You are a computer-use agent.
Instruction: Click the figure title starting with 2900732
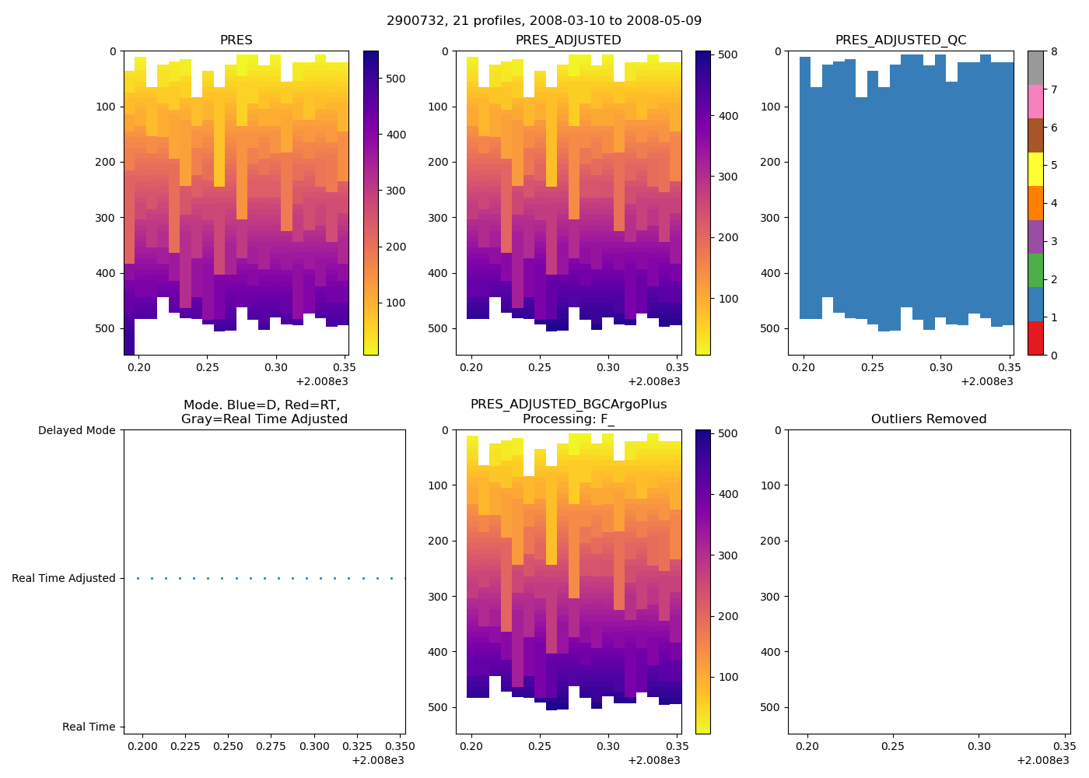pos(544,20)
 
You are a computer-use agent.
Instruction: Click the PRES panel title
pos(236,40)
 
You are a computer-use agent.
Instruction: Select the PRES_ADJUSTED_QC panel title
pos(901,40)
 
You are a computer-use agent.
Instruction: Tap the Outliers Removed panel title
pos(929,419)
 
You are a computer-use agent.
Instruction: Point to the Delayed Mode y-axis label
pos(76,430)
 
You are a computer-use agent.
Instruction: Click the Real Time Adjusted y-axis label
pos(64,578)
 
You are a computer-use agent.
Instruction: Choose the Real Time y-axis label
pos(89,727)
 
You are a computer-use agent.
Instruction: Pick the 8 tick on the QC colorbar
pos(1054,51)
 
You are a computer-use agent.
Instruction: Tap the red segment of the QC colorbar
pos(1035,338)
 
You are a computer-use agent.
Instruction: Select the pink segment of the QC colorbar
pos(1035,102)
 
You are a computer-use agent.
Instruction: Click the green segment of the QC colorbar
pos(1035,271)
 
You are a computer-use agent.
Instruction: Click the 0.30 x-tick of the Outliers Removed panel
pos(979,746)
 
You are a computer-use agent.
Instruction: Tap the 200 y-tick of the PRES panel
pos(107,163)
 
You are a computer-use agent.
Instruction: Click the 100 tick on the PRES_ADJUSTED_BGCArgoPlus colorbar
pos(729,677)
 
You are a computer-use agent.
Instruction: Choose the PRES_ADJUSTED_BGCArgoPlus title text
pos(569,405)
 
